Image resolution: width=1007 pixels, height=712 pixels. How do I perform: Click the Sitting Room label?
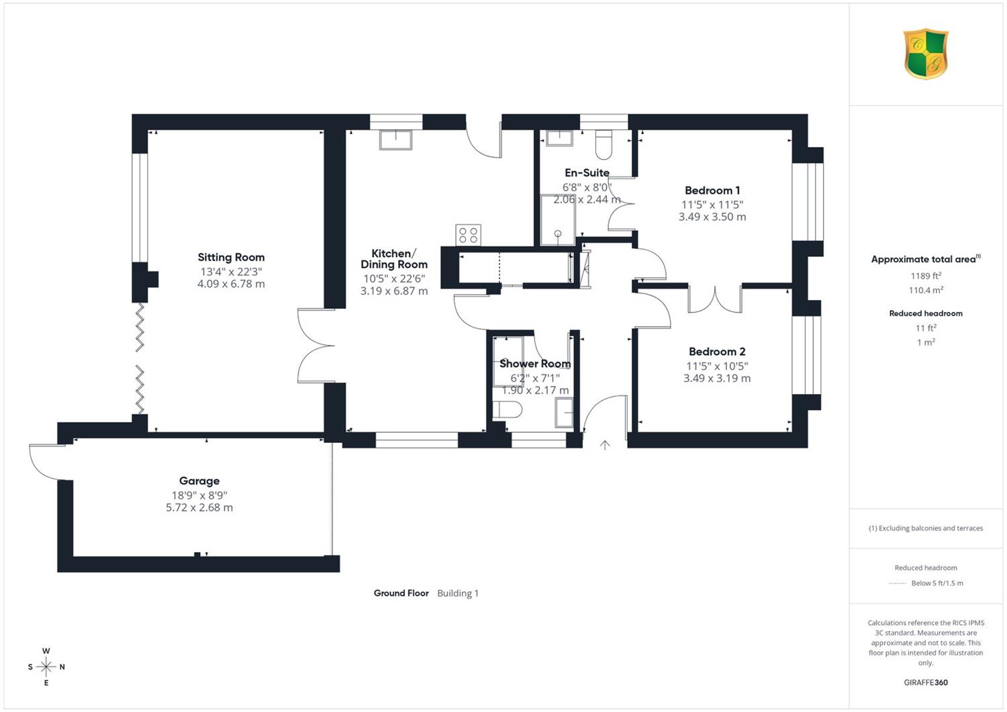(x=231, y=257)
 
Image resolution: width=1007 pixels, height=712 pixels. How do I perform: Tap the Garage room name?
(x=199, y=480)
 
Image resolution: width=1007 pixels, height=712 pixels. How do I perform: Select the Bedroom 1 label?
(x=712, y=190)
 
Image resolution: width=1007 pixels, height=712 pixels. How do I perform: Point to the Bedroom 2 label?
(x=717, y=352)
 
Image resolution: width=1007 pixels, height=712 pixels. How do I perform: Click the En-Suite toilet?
(x=604, y=144)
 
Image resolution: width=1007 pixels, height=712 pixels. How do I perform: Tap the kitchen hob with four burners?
(x=468, y=235)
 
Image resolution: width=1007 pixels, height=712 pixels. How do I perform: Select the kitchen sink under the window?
(x=395, y=140)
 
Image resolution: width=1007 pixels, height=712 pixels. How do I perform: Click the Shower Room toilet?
(x=507, y=410)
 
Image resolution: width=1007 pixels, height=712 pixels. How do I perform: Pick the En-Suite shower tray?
(x=558, y=220)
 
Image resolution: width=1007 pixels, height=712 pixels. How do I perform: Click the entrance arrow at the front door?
(x=605, y=445)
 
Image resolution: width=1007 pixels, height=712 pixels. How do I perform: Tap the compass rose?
(x=46, y=666)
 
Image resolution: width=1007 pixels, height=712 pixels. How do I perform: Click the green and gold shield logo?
(x=926, y=54)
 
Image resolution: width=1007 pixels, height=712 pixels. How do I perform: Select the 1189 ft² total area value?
(x=926, y=276)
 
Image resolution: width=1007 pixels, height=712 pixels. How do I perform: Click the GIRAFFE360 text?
(x=926, y=682)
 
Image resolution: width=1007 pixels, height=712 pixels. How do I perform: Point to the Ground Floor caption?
(x=401, y=593)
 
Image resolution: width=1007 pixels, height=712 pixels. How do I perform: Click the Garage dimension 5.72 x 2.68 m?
(x=199, y=507)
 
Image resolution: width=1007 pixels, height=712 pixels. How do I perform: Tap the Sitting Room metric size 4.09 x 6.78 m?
(x=231, y=284)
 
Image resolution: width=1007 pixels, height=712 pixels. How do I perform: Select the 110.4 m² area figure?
(x=926, y=290)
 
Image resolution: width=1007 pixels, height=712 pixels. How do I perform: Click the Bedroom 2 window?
(x=806, y=355)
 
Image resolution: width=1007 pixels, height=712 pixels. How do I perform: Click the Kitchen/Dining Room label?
(x=394, y=259)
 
